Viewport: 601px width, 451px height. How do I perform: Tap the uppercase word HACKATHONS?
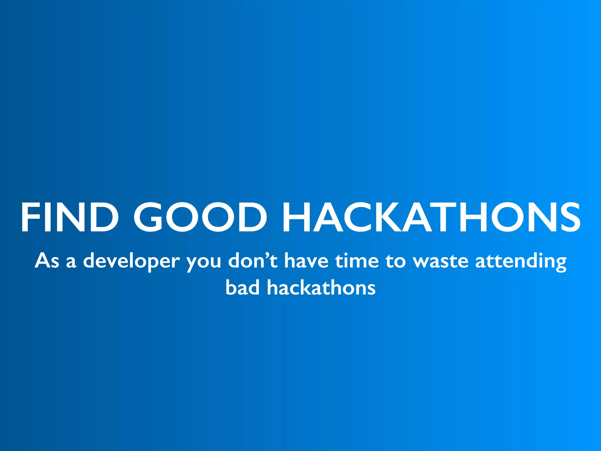pos(431,218)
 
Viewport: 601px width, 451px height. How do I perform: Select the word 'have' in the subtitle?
pos(306,260)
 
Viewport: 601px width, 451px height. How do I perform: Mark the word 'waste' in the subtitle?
pos(440,261)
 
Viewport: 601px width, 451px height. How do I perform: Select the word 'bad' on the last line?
pos(242,287)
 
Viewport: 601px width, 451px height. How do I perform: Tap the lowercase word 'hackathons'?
pos(321,287)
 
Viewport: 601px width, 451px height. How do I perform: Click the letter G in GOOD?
pos(149,218)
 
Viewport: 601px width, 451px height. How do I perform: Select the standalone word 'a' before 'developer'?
pos(71,262)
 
